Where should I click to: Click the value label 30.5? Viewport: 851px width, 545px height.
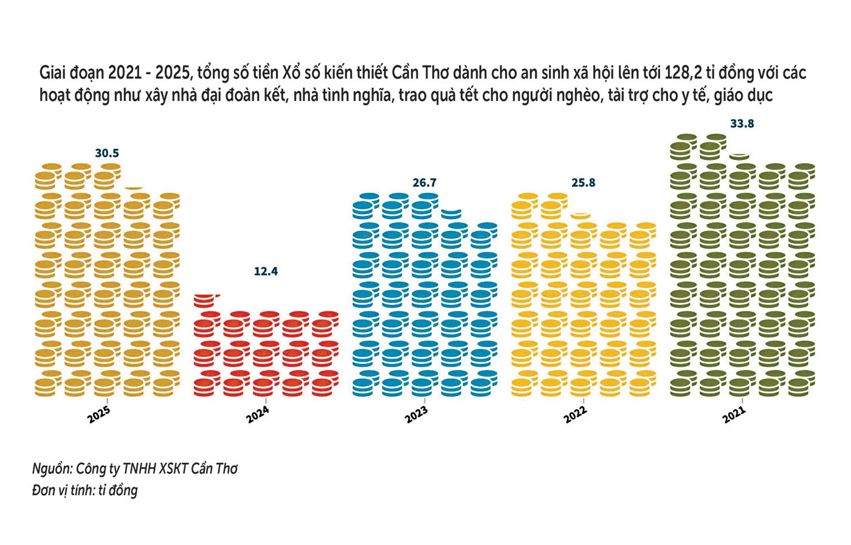pyautogui.click(x=107, y=153)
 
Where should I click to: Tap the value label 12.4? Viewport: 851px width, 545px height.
pyautogui.click(x=266, y=271)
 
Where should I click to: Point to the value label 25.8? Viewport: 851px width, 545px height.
pyautogui.click(x=583, y=182)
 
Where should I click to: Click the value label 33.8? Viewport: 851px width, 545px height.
pyautogui.click(x=742, y=123)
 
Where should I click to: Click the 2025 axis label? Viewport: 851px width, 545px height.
pyautogui.click(x=100, y=415)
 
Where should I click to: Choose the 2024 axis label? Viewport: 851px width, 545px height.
pyautogui.click(x=258, y=415)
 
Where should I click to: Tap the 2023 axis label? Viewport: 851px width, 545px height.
pyautogui.click(x=417, y=415)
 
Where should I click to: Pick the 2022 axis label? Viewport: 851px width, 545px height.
pyautogui.click(x=576, y=415)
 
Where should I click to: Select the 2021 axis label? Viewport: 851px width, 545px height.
pyautogui.click(x=734, y=415)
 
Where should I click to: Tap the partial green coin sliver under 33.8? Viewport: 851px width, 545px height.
pyautogui.click(x=739, y=156)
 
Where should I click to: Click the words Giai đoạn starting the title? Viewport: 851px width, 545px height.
pyautogui.click(x=72, y=74)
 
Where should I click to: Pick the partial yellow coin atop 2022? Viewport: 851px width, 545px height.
pyautogui.click(x=581, y=215)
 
